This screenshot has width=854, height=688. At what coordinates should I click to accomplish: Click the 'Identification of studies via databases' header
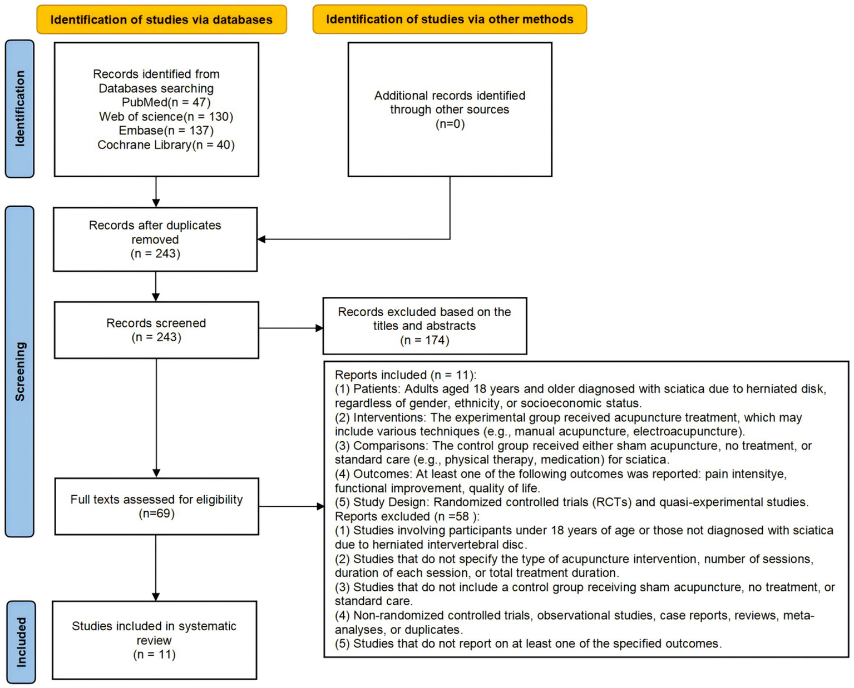click(x=161, y=20)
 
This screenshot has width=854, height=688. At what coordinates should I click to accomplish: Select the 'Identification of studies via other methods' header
click(x=450, y=19)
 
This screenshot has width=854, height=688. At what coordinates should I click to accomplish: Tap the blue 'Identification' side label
click(x=20, y=108)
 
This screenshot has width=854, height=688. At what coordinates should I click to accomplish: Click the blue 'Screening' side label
click(x=20, y=371)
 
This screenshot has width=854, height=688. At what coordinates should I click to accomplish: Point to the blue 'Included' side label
click(x=21, y=642)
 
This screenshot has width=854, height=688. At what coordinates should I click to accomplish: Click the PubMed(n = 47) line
click(x=166, y=102)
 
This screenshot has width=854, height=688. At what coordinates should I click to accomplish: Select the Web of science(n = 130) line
click(x=166, y=117)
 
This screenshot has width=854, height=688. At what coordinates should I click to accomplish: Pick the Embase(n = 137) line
click(x=166, y=131)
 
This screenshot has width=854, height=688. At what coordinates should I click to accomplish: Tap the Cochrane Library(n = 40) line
click(x=166, y=145)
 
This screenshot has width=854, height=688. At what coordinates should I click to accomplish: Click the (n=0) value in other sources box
click(x=450, y=124)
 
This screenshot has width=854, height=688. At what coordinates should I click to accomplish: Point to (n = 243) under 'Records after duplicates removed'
click(x=155, y=254)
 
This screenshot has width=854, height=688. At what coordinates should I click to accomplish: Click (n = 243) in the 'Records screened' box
click(x=156, y=337)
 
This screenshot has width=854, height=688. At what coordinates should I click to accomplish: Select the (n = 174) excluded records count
click(x=424, y=340)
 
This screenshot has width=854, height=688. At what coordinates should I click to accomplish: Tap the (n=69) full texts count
click(x=156, y=513)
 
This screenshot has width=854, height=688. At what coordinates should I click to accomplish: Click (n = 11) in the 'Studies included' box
click(x=154, y=655)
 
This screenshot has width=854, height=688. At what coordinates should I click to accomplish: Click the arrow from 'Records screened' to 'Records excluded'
click(x=290, y=328)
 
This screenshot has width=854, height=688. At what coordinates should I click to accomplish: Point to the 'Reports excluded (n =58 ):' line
click(x=407, y=516)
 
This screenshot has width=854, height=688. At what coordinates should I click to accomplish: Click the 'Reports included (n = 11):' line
click(x=406, y=375)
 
